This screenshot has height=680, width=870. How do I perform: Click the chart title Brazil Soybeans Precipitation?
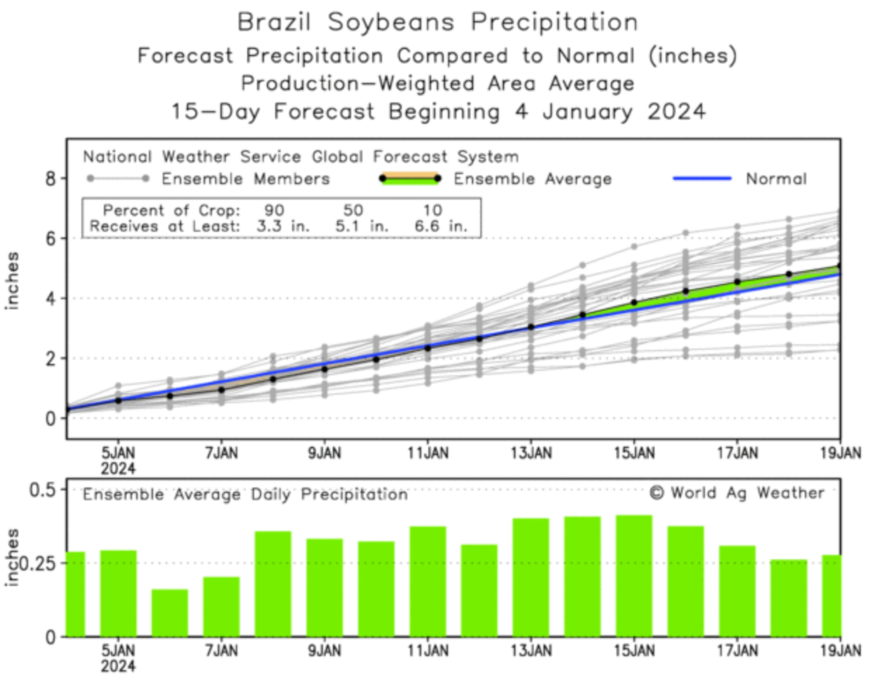(x=437, y=22)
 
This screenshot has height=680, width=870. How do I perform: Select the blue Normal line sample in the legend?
(x=701, y=178)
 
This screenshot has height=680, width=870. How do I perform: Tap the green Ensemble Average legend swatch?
(x=409, y=178)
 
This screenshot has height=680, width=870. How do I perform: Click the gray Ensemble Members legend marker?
(x=117, y=178)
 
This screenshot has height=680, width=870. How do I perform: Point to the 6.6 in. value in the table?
(x=441, y=227)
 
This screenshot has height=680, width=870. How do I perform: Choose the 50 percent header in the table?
(x=353, y=210)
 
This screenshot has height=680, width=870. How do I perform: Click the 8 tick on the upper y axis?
(x=51, y=178)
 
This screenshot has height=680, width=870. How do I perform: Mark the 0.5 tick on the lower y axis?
(x=41, y=489)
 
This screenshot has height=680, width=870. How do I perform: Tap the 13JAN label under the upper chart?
(x=531, y=453)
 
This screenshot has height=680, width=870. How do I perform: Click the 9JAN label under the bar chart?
(x=324, y=651)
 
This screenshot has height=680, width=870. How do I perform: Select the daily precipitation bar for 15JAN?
(x=634, y=576)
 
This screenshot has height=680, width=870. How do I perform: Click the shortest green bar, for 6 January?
(x=170, y=613)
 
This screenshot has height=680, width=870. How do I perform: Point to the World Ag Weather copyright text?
(x=737, y=493)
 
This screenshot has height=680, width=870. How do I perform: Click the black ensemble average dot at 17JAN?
(x=737, y=282)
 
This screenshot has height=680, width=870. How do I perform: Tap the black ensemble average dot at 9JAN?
(x=324, y=369)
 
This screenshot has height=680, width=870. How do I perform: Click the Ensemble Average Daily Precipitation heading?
(x=245, y=495)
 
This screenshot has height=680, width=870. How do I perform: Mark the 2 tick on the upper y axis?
(x=51, y=358)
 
